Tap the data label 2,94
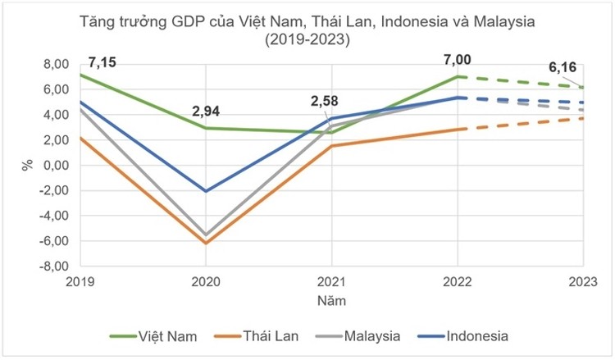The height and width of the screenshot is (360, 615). (206, 112)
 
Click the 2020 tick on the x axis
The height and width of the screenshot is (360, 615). (206, 280)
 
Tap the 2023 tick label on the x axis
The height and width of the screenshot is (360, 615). (582, 280)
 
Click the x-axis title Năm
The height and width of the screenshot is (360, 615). (332, 300)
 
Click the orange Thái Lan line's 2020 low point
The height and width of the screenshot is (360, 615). (206, 243)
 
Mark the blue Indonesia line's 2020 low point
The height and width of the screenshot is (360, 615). (206, 191)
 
